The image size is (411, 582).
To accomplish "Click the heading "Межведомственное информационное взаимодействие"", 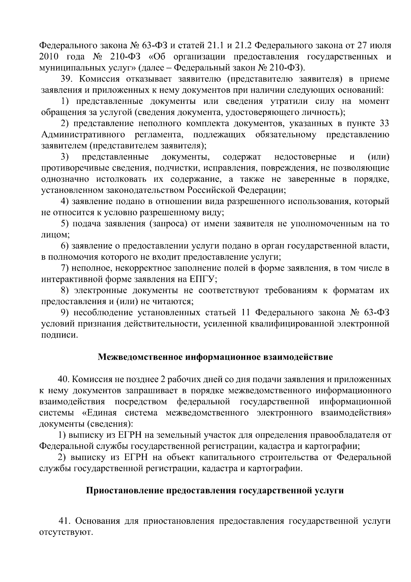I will (x=215, y=357).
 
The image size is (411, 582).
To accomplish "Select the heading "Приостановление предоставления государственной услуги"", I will (x=214, y=491).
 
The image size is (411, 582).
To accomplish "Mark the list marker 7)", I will (x=65, y=268).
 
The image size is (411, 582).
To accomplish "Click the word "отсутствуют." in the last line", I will (x=66, y=533).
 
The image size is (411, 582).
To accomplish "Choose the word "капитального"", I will (x=252, y=458).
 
